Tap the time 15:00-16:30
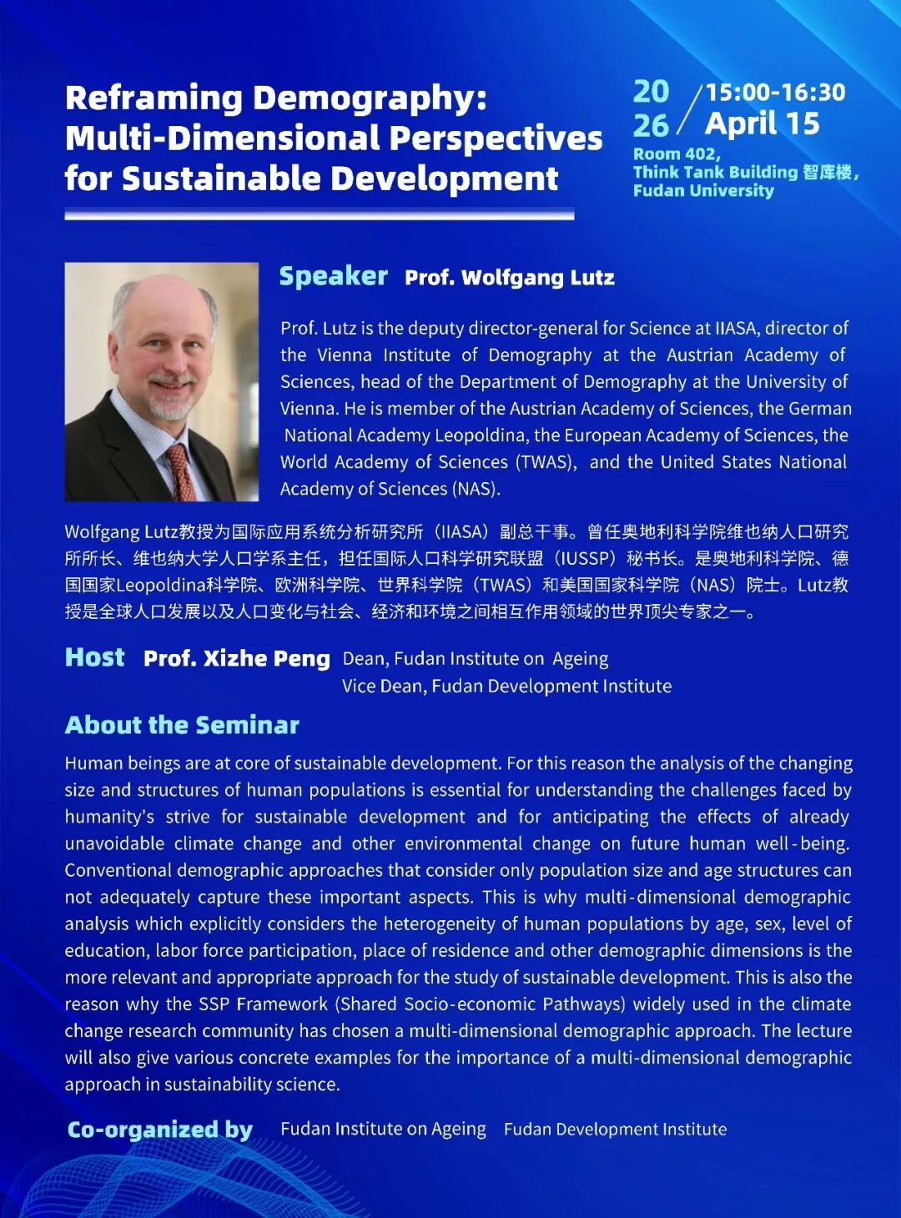coord(775,92)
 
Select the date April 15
coord(762,124)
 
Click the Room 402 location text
coord(676,154)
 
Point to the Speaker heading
coord(333,276)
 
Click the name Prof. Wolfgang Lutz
coord(509,278)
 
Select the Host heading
coord(95,657)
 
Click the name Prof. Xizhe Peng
coord(237,658)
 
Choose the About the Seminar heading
coord(182,725)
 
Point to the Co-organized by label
coord(159,1130)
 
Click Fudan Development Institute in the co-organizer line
coord(615,1130)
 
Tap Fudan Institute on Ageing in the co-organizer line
coord(383,1130)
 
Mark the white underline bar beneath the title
coord(319,215)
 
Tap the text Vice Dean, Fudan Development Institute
coord(506,687)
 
